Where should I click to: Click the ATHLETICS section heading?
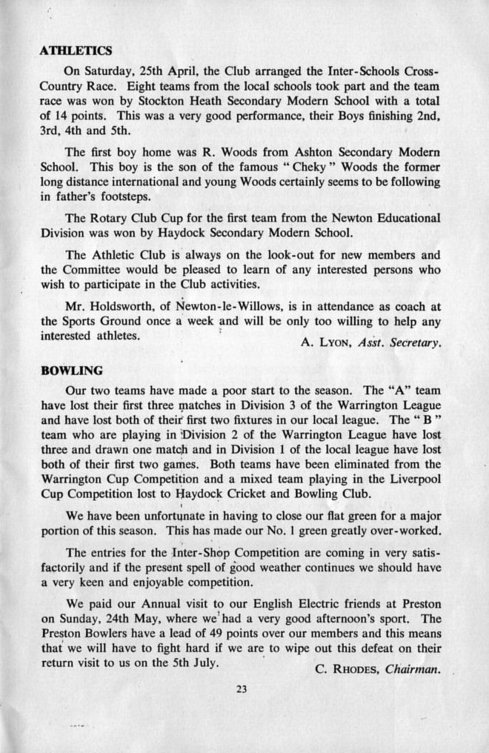pyautogui.click(x=76, y=51)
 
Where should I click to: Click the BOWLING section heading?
pyautogui.click(x=71, y=371)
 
